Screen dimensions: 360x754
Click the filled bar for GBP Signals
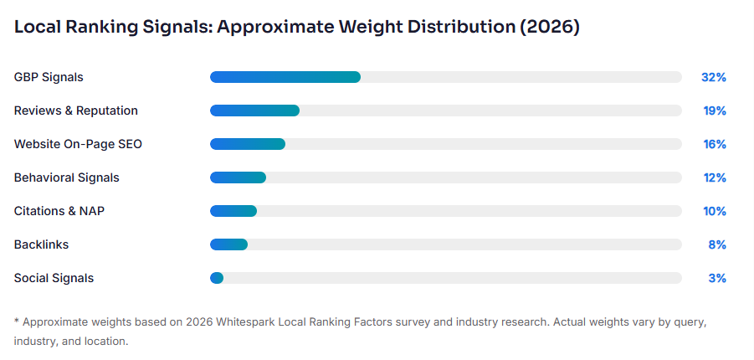285,77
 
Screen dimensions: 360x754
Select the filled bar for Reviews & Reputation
254,111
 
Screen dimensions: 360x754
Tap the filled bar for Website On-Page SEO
248,144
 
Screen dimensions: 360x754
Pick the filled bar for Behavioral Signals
238,177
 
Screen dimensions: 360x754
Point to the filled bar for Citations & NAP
233,211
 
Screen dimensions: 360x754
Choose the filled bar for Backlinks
228,244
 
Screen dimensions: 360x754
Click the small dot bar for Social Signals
217,278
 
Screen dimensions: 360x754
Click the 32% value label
713,77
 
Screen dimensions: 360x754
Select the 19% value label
714,111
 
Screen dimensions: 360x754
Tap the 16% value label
714,144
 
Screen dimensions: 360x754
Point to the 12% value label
714,177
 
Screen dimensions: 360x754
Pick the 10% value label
714,211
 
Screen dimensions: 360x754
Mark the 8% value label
716,244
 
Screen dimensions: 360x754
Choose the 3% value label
716,278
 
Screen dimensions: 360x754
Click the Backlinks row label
41,244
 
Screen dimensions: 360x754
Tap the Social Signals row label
54,278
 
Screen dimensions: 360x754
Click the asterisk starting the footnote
17,321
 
